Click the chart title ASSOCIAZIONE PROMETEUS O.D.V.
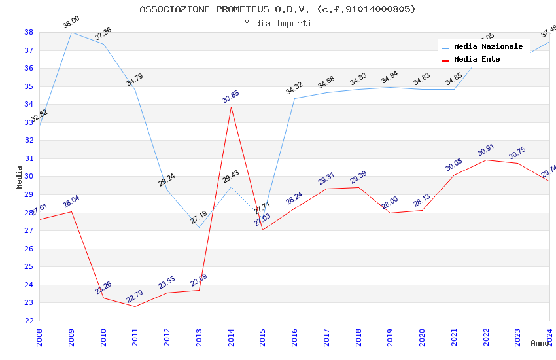point(277,9)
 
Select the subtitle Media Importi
point(277,23)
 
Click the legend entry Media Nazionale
point(488,46)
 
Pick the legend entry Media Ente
point(477,59)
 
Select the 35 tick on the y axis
point(29,86)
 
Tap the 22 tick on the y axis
point(29,321)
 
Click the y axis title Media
point(19,177)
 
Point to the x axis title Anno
point(540,343)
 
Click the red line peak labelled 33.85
point(231,107)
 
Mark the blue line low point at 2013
point(199,227)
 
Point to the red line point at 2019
point(391,213)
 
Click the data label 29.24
point(167,180)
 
